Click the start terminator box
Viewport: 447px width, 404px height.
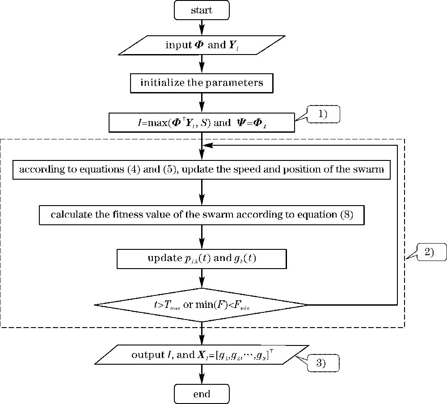click(x=202, y=10)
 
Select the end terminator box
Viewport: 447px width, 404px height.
click(x=202, y=394)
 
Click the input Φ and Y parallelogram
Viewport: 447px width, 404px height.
click(x=202, y=46)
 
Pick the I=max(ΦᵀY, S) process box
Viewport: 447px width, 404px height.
click(x=202, y=122)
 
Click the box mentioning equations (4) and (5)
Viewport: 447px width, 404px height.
click(x=202, y=170)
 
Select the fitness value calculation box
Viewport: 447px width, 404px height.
click(x=202, y=215)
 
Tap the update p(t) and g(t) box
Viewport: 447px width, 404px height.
click(x=202, y=258)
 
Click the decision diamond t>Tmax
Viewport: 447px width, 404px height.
click(x=202, y=305)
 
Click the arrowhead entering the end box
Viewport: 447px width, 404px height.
click(x=202, y=381)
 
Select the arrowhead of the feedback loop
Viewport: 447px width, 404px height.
click(x=207, y=145)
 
